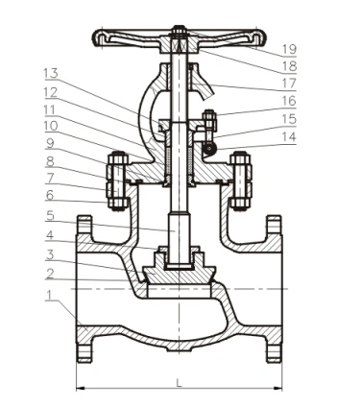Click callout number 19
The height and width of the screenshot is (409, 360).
coord(289,49)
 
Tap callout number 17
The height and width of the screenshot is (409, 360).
coord(289,84)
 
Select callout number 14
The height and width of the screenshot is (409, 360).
coord(289,137)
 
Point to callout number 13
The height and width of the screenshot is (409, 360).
coord(51,73)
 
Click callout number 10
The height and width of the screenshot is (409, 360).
coord(51,126)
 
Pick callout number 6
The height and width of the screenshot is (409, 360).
coord(49,195)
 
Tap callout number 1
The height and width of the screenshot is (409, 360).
coord(48,296)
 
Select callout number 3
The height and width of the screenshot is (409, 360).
coord(49,255)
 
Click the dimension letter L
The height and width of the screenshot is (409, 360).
coord(179,383)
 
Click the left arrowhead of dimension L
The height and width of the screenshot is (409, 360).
coord(81,388)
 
